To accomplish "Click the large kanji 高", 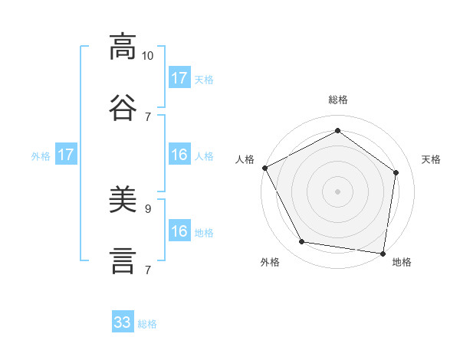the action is click(x=123, y=47).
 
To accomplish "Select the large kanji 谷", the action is click(x=123, y=107).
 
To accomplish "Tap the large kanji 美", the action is click(x=123, y=198).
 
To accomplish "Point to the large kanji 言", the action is click(x=123, y=261).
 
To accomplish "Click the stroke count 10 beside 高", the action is click(x=147, y=56).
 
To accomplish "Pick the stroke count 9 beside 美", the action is click(x=148, y=209).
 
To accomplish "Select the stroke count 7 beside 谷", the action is click(x=148, y=117).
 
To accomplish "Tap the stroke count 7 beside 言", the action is click(x=148, y=270).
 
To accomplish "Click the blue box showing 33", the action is click(x=123, y=321).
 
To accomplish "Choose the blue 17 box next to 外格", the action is click(x=66, y=154).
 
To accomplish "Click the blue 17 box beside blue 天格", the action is click(x=180, y=77).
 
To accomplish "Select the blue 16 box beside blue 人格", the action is click(x=180, y=154).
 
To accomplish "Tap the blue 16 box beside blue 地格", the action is click(x=180, y=230).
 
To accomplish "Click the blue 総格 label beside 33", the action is click(x=147, y=324).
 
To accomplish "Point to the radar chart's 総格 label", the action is click(x=338, y=100).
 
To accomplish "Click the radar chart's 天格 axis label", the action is click(x=431, y=159).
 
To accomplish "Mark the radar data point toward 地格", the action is click(x=383, y=254).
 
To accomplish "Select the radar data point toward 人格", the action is click(x=265, y=168).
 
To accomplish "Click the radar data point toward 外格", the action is click(x=301, y=241).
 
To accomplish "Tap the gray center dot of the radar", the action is click(x=337, y=191).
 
